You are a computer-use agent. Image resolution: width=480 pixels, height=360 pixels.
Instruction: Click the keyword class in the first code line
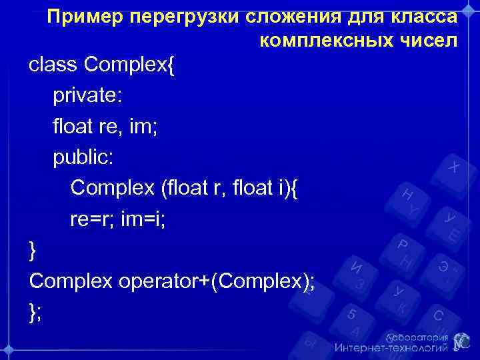click(x=53, y=65)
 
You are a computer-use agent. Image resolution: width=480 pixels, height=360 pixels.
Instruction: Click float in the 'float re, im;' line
click(x=73, y=127)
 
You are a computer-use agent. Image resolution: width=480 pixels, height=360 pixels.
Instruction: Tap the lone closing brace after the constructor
click(x=33, y=251)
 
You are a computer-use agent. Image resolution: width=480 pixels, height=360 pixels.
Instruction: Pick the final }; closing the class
click(x=35, y=312)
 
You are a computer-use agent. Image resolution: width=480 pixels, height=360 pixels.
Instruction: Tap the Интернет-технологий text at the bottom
click(x=391, y=348)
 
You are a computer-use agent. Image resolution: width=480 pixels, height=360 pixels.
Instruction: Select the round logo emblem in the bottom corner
click(x=462, y=341)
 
